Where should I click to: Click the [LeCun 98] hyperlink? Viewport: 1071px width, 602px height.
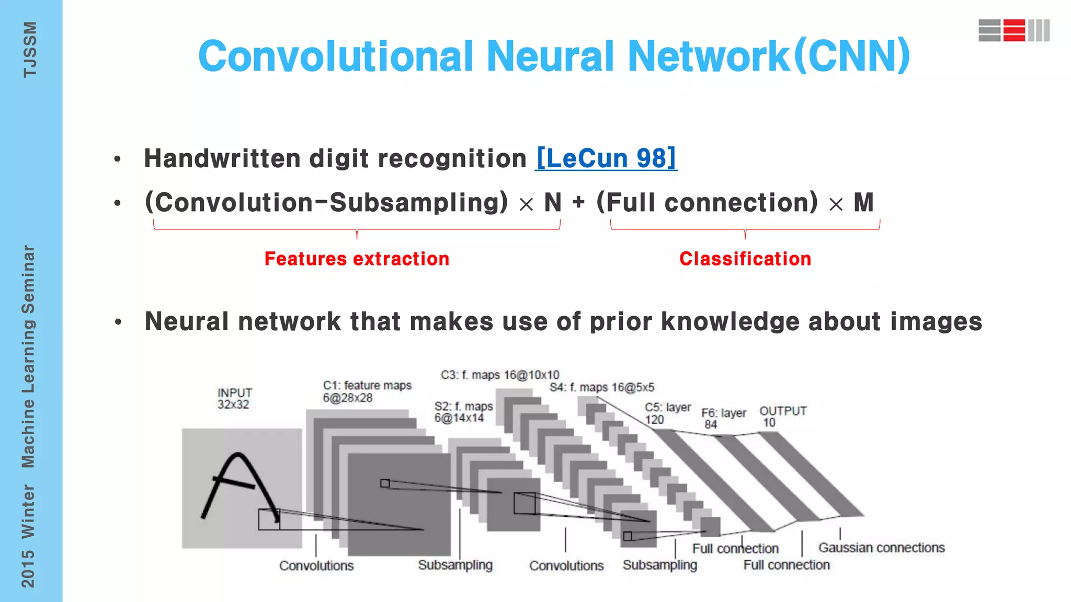coord(606,158)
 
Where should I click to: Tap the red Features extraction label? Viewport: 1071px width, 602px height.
coord(357,259)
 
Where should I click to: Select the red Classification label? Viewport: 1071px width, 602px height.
coord(745,259)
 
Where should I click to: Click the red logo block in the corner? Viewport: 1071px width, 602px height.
coord(1014,30)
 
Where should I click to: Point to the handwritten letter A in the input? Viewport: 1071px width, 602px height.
coord(238,486)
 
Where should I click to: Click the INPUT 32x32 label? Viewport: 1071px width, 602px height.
coord(234,398)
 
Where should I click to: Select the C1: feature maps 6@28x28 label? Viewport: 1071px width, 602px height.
coord(367,391)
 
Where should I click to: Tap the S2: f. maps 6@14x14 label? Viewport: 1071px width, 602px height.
coord(463,412)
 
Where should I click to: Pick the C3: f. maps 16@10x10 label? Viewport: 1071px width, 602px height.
coord(499,375)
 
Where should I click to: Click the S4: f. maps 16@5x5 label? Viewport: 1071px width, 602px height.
coord(601,387)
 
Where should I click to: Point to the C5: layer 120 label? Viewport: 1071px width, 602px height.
coord(667,413)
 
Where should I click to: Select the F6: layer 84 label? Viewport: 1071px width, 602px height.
coord(723,418)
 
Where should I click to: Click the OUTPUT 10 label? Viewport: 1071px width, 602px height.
coord(782,416)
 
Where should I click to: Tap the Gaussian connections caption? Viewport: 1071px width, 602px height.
coord(881,548)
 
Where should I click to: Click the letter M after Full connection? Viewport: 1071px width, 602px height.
coord(863,202)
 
